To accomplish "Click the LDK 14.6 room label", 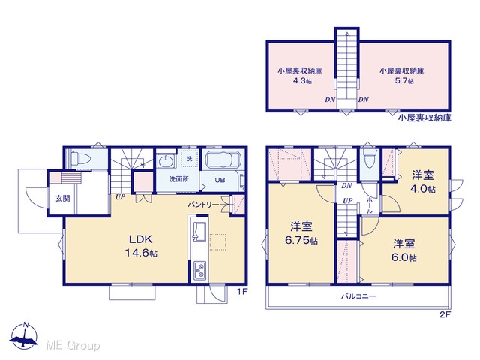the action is click(141, 246).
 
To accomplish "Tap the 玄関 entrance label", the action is click(63, 199).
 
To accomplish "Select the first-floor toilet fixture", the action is click(80, 159).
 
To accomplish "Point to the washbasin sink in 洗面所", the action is click(166, 161).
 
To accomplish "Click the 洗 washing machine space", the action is click(190, 159).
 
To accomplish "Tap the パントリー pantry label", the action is click(203, 205).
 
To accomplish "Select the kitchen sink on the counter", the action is click(199, 231).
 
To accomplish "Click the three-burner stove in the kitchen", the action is click(199, 270).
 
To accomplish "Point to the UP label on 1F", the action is click(120, 197).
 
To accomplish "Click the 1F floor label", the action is click(242, 292).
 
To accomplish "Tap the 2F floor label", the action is click(445, 314).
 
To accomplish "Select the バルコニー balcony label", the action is click(358, 296).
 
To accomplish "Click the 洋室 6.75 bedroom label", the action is click(301, 233).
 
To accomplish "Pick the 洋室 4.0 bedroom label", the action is click(423, 182).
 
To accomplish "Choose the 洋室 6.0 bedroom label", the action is click(404, 250).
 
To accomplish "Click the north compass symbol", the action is click(24, 336).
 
